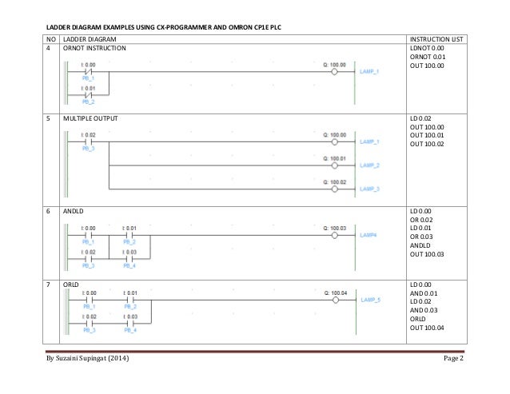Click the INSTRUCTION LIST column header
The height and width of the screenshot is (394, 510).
432,38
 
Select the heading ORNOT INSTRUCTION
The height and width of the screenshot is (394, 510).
94,47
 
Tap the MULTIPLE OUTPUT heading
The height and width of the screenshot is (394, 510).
90,118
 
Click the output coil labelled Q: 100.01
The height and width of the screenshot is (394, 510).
336,165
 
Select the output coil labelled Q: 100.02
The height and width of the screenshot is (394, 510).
336,189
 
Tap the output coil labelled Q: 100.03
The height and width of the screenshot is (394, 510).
336,236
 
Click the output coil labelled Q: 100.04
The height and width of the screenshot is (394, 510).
336,300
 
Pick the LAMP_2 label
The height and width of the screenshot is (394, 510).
369,165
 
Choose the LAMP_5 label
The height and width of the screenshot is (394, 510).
370,300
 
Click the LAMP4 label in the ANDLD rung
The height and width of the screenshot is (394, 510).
369,236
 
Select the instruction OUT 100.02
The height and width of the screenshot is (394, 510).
427,145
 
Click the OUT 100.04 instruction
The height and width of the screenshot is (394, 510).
427,328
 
